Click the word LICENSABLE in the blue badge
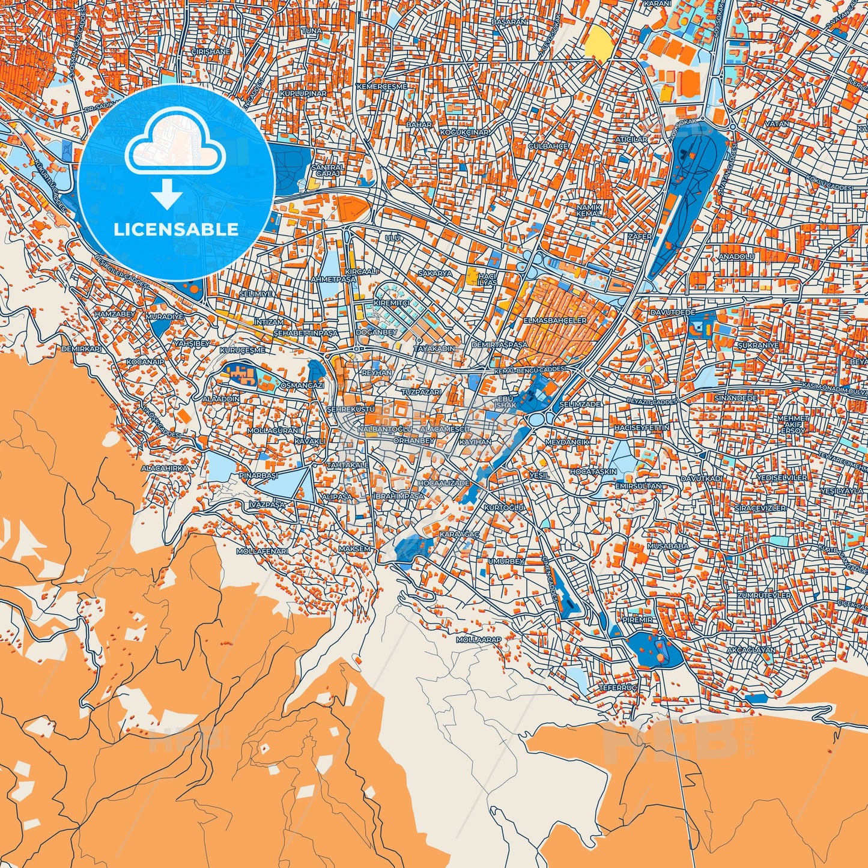[177, 229]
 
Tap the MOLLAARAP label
[478, 640]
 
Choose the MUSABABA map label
[667, 546]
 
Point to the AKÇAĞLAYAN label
[751, 650]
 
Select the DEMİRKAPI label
[82, 348]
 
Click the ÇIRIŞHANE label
[210, 52]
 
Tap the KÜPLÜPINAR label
[303, 94]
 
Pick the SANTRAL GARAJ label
[328, 170]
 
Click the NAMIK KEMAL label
[588, 210]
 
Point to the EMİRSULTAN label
[639, 485]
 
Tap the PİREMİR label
[637, 619]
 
